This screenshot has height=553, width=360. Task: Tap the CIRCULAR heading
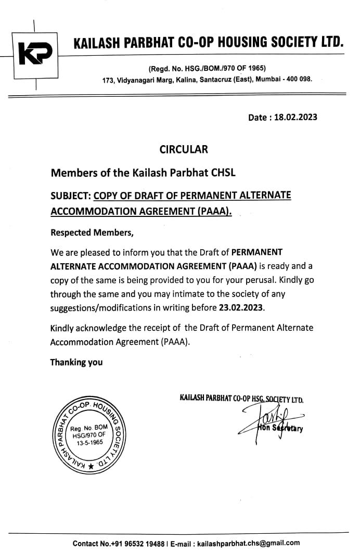coord(183,149)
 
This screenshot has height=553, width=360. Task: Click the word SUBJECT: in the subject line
coord(71,196)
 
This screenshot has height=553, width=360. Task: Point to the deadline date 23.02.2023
coord(241,307)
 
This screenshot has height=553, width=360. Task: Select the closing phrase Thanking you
coord(76,362)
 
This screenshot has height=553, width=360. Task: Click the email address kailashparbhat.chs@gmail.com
coord(248,543)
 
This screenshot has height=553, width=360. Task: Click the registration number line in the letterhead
coord(207,68)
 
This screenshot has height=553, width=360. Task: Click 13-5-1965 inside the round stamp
coord(87,442)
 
